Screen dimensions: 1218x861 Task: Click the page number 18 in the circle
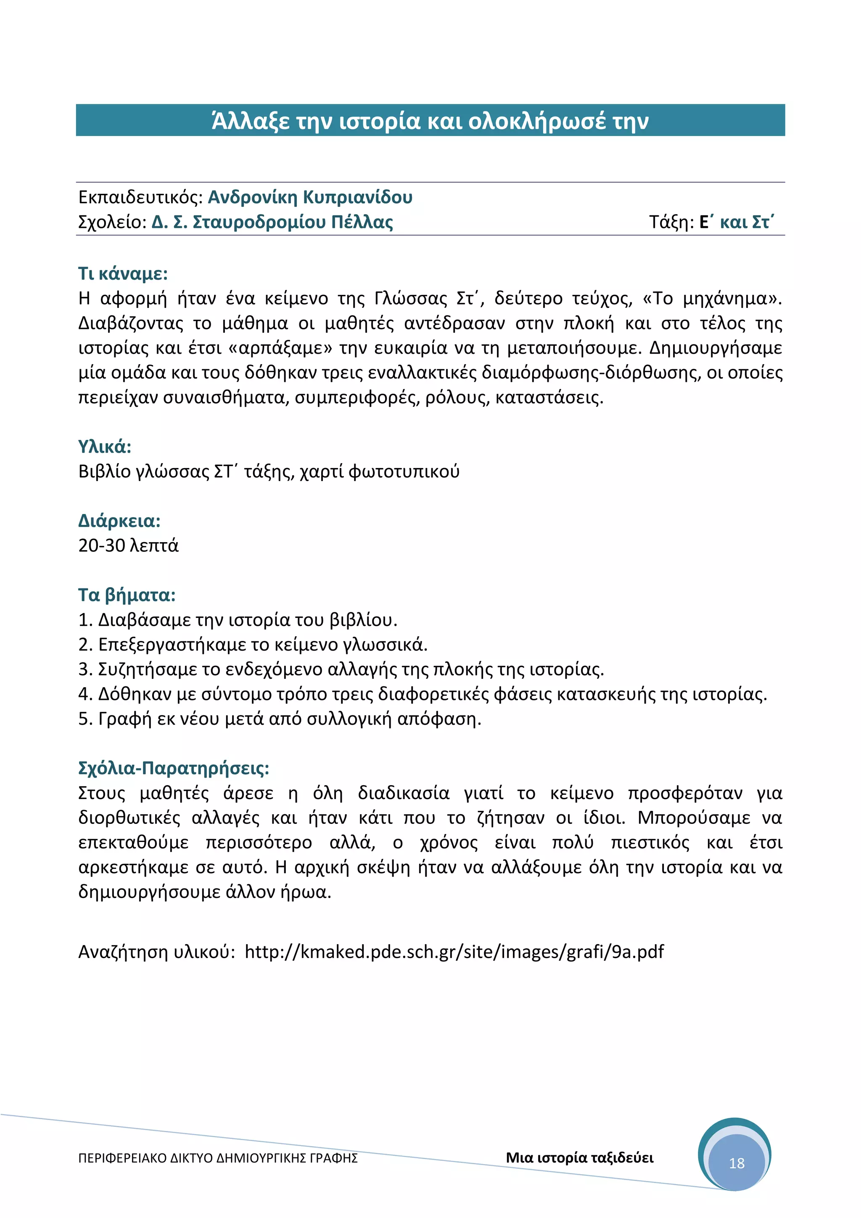[737, 1163]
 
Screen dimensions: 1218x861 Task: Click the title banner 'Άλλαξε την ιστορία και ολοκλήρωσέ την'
[430, 121]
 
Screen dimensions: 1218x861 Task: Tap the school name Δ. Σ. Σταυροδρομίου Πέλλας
[272, 222]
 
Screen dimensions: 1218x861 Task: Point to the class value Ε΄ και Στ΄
[737, 222]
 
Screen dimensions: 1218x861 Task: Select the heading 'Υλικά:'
[104, 447]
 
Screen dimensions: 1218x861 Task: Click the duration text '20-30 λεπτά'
[128, 545]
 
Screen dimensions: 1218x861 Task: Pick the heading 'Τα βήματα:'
[127, 595]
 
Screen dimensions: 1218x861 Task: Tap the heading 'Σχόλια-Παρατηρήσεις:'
[173, 768]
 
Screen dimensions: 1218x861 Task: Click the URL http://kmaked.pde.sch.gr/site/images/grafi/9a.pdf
[454, 952]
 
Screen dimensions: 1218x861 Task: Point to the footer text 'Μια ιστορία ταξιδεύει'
[579, 1157]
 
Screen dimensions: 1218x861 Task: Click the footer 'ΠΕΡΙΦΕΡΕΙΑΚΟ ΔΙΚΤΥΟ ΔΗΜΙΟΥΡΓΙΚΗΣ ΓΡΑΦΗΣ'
[217, 1158]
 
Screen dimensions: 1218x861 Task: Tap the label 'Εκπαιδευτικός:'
[140, 197]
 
